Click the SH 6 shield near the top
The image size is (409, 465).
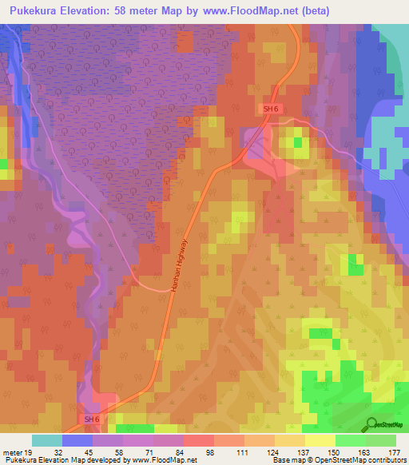[x=272, y=109]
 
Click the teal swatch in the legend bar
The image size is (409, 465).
[x=47, y=440]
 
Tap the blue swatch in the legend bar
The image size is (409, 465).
[x=77, y=440]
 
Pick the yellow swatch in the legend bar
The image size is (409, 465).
[x=320, y=440]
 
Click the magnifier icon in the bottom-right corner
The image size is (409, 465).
[x=372, y=423]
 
